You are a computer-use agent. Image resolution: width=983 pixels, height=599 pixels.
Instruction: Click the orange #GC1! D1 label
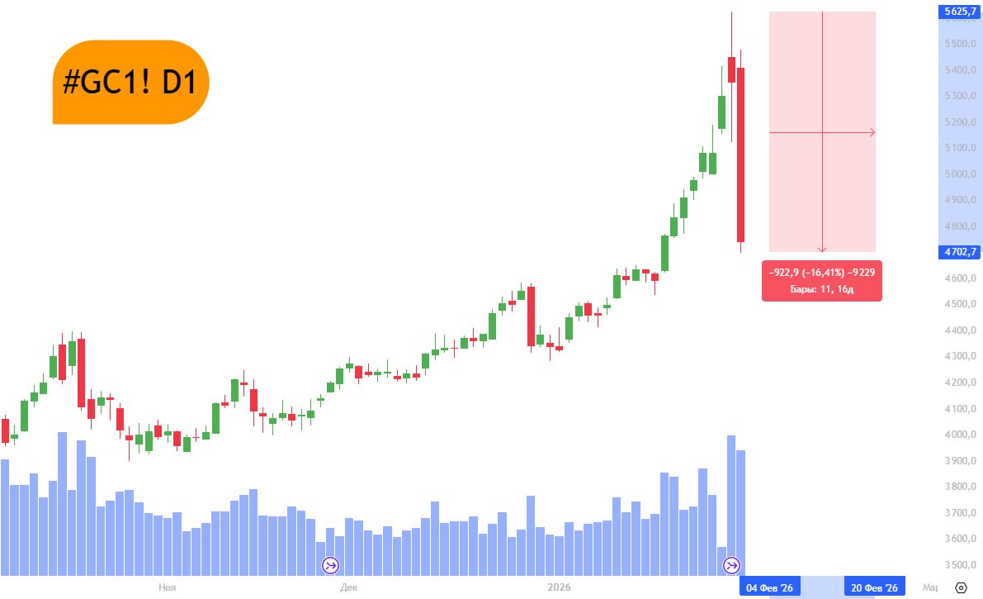pyautogui.click(x=130, y=82)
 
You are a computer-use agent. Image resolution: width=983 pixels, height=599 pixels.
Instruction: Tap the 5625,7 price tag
pyautogui.click(x=959, y=11)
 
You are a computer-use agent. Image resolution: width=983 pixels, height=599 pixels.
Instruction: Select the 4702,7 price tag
pyautogui.click(x=959, y=251)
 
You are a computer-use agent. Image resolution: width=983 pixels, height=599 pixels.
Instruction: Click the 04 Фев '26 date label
pyautogui.click(x=769, y=587)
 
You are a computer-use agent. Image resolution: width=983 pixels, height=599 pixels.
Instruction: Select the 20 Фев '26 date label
pyautogui.click(x=874, y=587)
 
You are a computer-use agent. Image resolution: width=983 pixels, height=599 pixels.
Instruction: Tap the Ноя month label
pyautogui.click(x=167, y=587)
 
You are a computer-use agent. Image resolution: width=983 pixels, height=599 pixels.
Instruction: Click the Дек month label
pyautogui.click(x=348, y=587)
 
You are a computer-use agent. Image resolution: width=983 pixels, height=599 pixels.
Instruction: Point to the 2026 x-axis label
pyautogui.click(x=561, y=587)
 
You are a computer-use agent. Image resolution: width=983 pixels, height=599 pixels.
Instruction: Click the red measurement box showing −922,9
pyautogui.click(x=821, y=281)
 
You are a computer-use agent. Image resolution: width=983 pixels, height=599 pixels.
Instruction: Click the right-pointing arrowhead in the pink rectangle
pyautogui.click(x=872, y=132)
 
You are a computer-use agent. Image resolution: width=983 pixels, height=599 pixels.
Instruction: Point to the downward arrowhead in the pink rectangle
pyautogui.click(x=822, y=249)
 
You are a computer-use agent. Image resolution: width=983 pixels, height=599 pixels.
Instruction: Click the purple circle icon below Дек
pyautogui.click(x=330, y=566)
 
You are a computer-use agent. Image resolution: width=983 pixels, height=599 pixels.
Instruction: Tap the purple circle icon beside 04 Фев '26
pyautogui.click(x=731, y=566)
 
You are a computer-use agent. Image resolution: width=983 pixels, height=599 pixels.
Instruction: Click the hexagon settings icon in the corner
pyautogui.click(x=961, y=587)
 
